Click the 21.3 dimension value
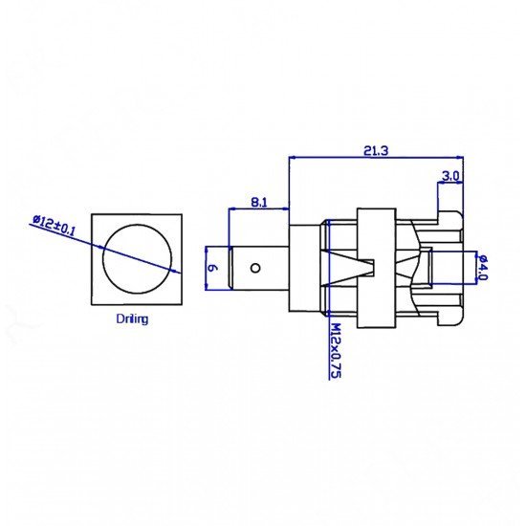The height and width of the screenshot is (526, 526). tap(376, 151)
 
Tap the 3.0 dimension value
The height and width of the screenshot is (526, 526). tap(450, 176)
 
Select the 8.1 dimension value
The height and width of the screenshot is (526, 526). tap(259, 203)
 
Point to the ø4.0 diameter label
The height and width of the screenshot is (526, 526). tap(483, 268)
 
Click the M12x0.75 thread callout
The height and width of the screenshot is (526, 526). tap(336, 351)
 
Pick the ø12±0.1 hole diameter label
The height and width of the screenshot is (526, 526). tap(54, 225)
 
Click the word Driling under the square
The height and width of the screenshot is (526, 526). tap(132, 318)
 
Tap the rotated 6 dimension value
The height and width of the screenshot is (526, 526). tap(212, 268)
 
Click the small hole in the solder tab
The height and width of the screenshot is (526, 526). tap(255, 268)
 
